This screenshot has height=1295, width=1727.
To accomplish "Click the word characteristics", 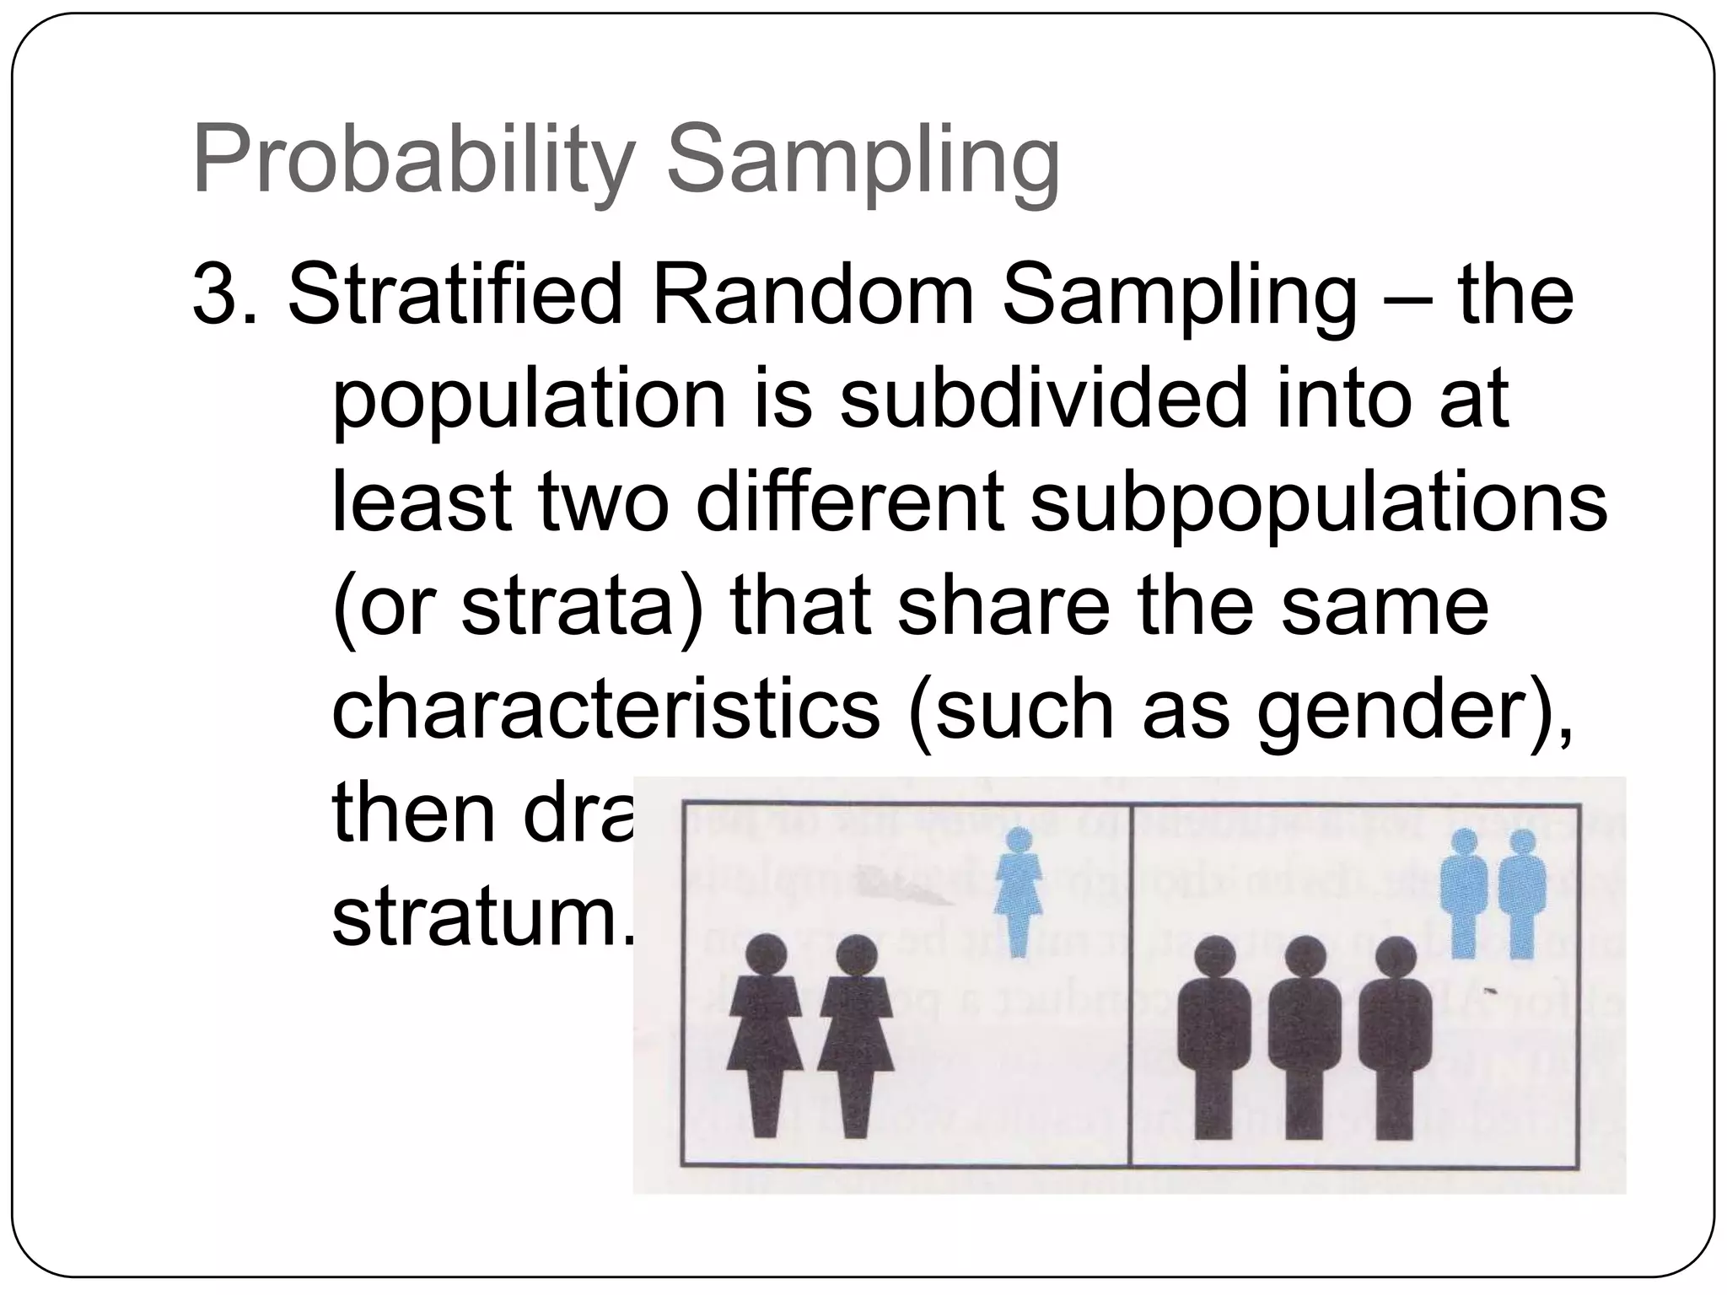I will point(606,712).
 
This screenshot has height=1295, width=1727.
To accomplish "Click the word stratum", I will point(481,919).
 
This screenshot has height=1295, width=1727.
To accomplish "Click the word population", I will point(529,400).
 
